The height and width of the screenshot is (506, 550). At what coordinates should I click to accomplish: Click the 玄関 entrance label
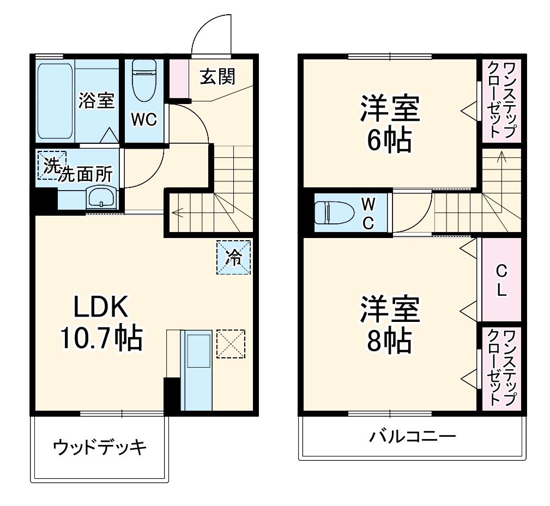pyautogui.click(x=217, y=77)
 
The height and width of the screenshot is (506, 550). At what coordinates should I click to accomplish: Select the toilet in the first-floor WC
pyautogui.click(x=144, y=81)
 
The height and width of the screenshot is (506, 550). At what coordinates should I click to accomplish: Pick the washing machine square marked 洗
pyautogui.click(x=51, y=165)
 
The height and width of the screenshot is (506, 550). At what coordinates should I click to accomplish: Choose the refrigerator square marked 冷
pyautogui.click(x=234, y=257)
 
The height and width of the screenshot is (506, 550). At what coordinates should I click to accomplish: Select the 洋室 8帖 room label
pyautogui.click(x=389, y=325)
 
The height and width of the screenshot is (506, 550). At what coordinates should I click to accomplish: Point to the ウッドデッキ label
pyautogui.click(x=100, y=448)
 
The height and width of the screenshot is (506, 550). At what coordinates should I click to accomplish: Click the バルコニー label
pyautogui.click(x=412, y=437)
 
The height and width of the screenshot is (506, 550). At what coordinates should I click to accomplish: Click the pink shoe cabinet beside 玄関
pyautogui.click(x=177, y=77)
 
